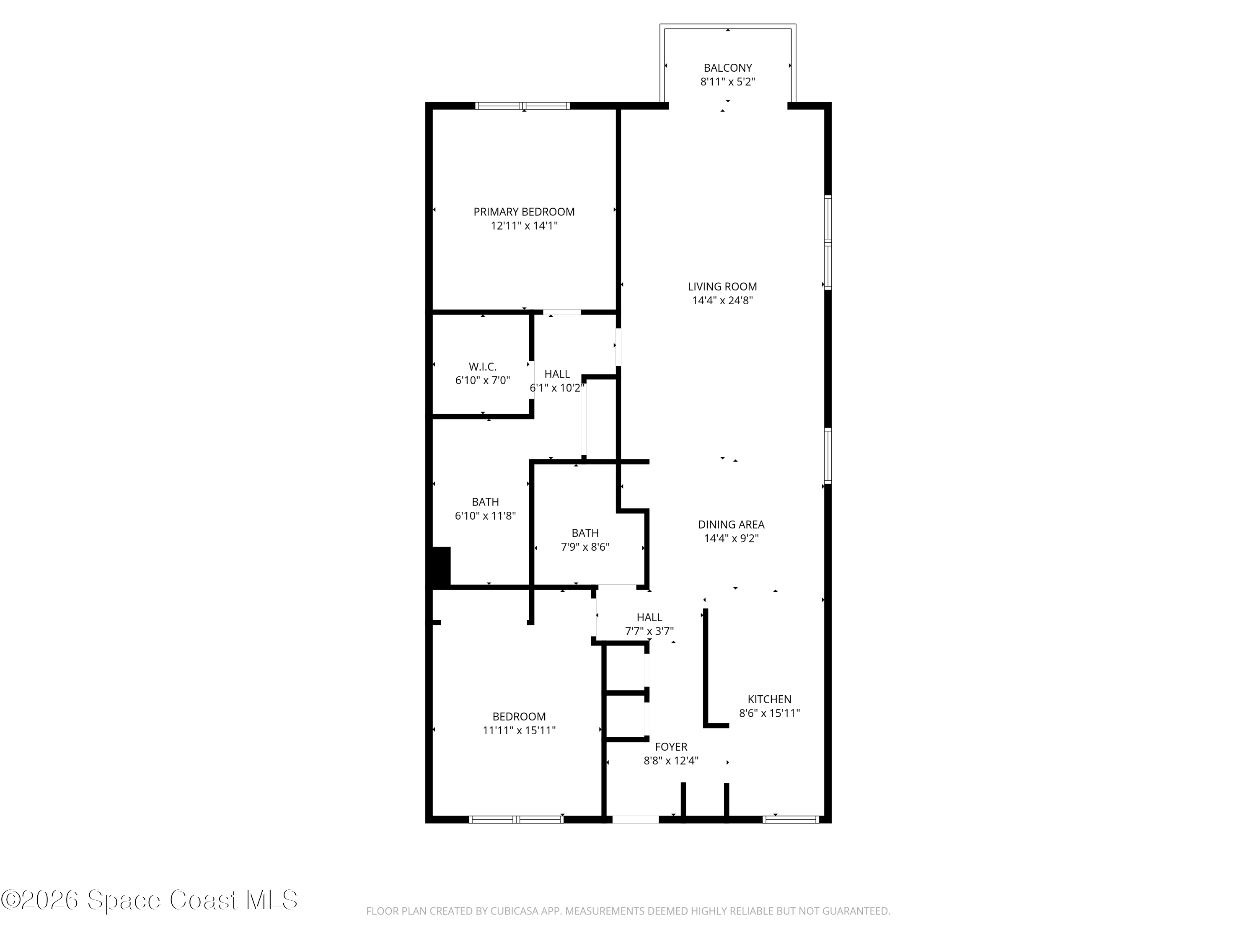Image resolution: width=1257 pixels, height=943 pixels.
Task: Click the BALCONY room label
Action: coord(727,67)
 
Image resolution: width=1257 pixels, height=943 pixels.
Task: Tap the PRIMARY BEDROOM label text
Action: coord(523,212)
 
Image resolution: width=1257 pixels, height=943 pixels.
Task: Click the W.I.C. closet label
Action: coord(482,367)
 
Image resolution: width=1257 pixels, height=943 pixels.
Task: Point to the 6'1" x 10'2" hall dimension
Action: coord(556,388)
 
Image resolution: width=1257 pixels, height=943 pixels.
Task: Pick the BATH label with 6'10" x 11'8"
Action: coord(485,502)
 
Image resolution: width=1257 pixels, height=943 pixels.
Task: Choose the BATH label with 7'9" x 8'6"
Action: coord(585,533)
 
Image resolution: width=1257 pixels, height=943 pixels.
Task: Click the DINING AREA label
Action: coord(731,525)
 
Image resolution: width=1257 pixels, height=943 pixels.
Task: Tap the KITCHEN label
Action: coord(769,699)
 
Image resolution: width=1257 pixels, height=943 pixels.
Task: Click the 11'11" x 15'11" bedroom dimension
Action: coord(519,731)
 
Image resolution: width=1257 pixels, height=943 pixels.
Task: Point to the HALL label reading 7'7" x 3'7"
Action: coord(649,617)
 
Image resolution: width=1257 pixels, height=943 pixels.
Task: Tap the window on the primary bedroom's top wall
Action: coord(522,106)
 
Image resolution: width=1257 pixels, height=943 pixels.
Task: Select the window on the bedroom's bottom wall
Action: coord(516,819)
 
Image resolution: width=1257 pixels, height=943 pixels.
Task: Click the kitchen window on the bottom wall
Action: coord(791,819)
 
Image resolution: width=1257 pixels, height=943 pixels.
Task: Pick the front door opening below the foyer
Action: coord(635,819)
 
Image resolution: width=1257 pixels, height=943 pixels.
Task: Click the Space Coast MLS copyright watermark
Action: coord(149,900)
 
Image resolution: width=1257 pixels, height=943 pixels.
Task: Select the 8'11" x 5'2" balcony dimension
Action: coord(727,82)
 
